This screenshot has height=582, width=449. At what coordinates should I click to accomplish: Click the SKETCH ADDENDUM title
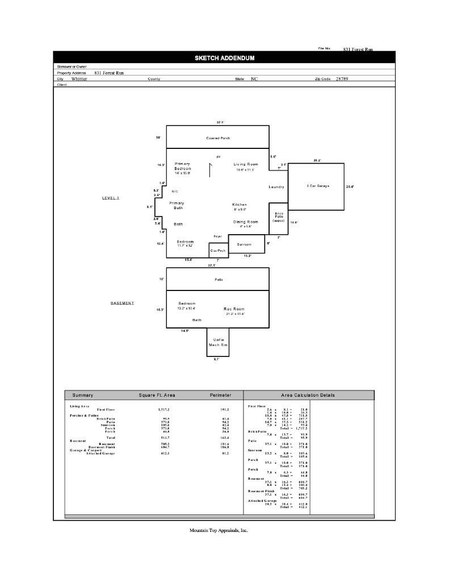(x=224, y=58)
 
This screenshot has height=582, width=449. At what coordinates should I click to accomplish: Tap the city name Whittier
(x=79, y=79)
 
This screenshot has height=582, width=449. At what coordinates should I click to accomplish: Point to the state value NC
(x=254, y=79)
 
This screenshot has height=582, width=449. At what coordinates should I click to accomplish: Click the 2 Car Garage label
(x=318, y=186)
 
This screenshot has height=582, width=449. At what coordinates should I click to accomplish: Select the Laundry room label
(x=276, y=187)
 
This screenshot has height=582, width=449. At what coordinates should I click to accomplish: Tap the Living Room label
(x=245, y=164)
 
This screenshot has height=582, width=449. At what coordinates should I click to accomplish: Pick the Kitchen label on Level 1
(x=240, y=205)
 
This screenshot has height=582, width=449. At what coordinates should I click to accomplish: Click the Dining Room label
(x=245, y=222)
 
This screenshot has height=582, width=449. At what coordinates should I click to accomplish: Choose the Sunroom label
(x=244, y=244)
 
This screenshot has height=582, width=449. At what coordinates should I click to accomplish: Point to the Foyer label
(x=217, y=236)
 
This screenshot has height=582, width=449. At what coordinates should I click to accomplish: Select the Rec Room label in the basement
(x=234, y=309)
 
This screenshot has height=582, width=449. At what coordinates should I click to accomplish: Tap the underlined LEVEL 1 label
(x=111, y=198)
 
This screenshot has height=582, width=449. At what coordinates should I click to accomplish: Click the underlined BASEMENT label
(x=122, y=303)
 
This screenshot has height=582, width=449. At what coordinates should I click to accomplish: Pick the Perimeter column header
(x=220, y=395)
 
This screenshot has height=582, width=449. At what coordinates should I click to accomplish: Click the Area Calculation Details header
(x=308, y=395)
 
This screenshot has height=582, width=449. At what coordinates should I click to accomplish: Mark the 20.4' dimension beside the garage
(x=350, y=186)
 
